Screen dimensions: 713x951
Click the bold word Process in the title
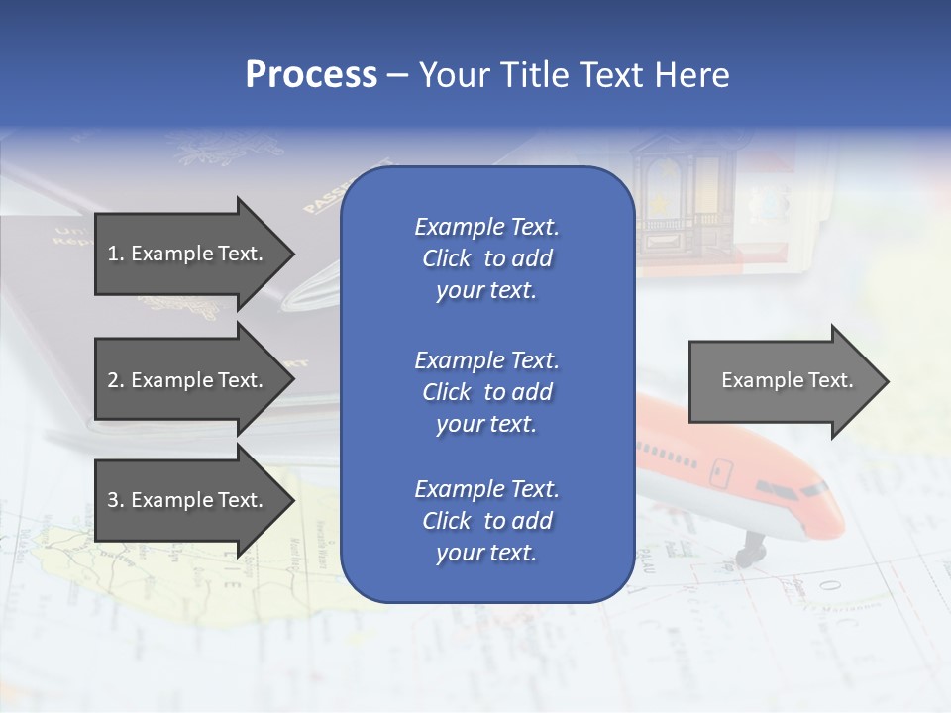pyautogui.click(x=311, y=75)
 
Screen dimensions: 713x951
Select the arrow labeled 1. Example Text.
pyautogui.click(x=186, y=254)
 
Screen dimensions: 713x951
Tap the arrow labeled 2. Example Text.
pyautogui.click(x=186, y=380)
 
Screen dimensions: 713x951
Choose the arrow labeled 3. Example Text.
pyautogui.click(x=186, y=500)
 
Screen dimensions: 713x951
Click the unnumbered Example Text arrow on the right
pyautogui.click(x=787, y=381)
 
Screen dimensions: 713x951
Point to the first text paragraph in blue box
pyautogui.click(x=486, y=258)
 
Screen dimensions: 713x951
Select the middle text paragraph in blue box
pyautogui.click(x=486, y=392)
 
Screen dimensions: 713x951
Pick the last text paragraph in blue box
pyautogui.click(x=486, y=521)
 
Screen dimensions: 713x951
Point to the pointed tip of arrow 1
pyautogui.click(x=293, y=254)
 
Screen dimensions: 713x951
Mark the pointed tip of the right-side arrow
pyautogui.click(x=888, y=381)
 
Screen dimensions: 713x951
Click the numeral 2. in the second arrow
pyautogui.click(x=116, y=380)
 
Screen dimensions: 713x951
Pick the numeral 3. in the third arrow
pyautogui.click(x=116, y=500)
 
